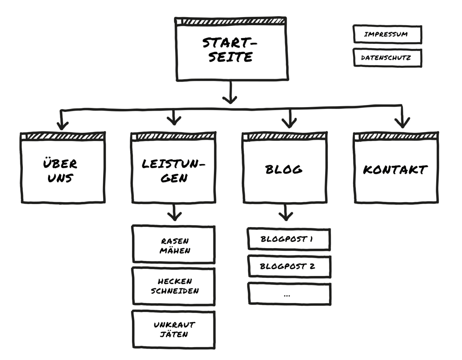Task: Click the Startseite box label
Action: [x=230, y=50]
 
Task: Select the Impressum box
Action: [x=387, y=34]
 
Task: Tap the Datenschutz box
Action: [x=387, y=58]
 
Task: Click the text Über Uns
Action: [x=60, y=171]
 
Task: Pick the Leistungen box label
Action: [x=174, y=171]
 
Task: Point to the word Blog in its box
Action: [x=284, y=169]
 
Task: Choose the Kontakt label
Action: [x=395, y=170]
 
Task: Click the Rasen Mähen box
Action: [x=174, y=245]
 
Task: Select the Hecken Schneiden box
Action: [x=174, y=286]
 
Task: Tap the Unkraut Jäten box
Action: [x=174, y=329]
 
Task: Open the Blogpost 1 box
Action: [x=288, y=239]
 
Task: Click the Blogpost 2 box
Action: [x=288, y=266]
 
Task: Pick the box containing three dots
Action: [x=288, y=294]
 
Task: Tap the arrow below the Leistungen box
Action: [x=174, y=213]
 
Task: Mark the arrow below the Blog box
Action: [x=286, y=213]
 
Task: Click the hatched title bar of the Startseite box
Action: [x=231, y=22]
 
